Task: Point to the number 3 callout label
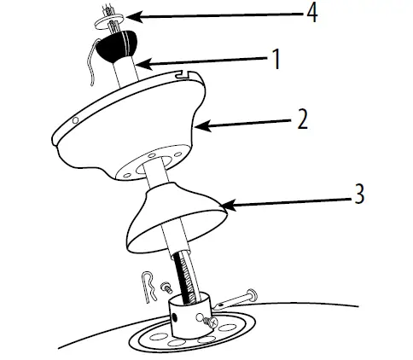(x=358, y=195)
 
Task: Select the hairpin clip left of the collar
(x=150, y=286)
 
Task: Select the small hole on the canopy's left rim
(x=75, y=122)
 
